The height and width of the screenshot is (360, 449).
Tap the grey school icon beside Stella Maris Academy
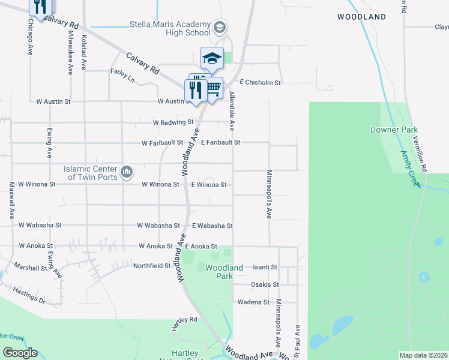[219, 27]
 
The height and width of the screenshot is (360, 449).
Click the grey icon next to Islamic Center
[126, 173]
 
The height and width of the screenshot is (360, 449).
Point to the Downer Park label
[394, 130]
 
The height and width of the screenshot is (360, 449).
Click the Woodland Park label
[224, 272]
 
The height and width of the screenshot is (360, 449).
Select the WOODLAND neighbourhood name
[361, 17]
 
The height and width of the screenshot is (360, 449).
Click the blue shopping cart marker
[212, 88]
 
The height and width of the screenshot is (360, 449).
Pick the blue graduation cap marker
[211, 58]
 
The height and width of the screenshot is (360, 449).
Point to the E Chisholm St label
[260, 83]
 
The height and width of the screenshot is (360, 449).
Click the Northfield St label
[152, 265]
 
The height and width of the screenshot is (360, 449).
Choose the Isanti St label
[265, 267]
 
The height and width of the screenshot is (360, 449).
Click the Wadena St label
[253, 302]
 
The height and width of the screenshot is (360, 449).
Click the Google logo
[20, 353]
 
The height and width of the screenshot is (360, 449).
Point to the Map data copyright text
[423, 355]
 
